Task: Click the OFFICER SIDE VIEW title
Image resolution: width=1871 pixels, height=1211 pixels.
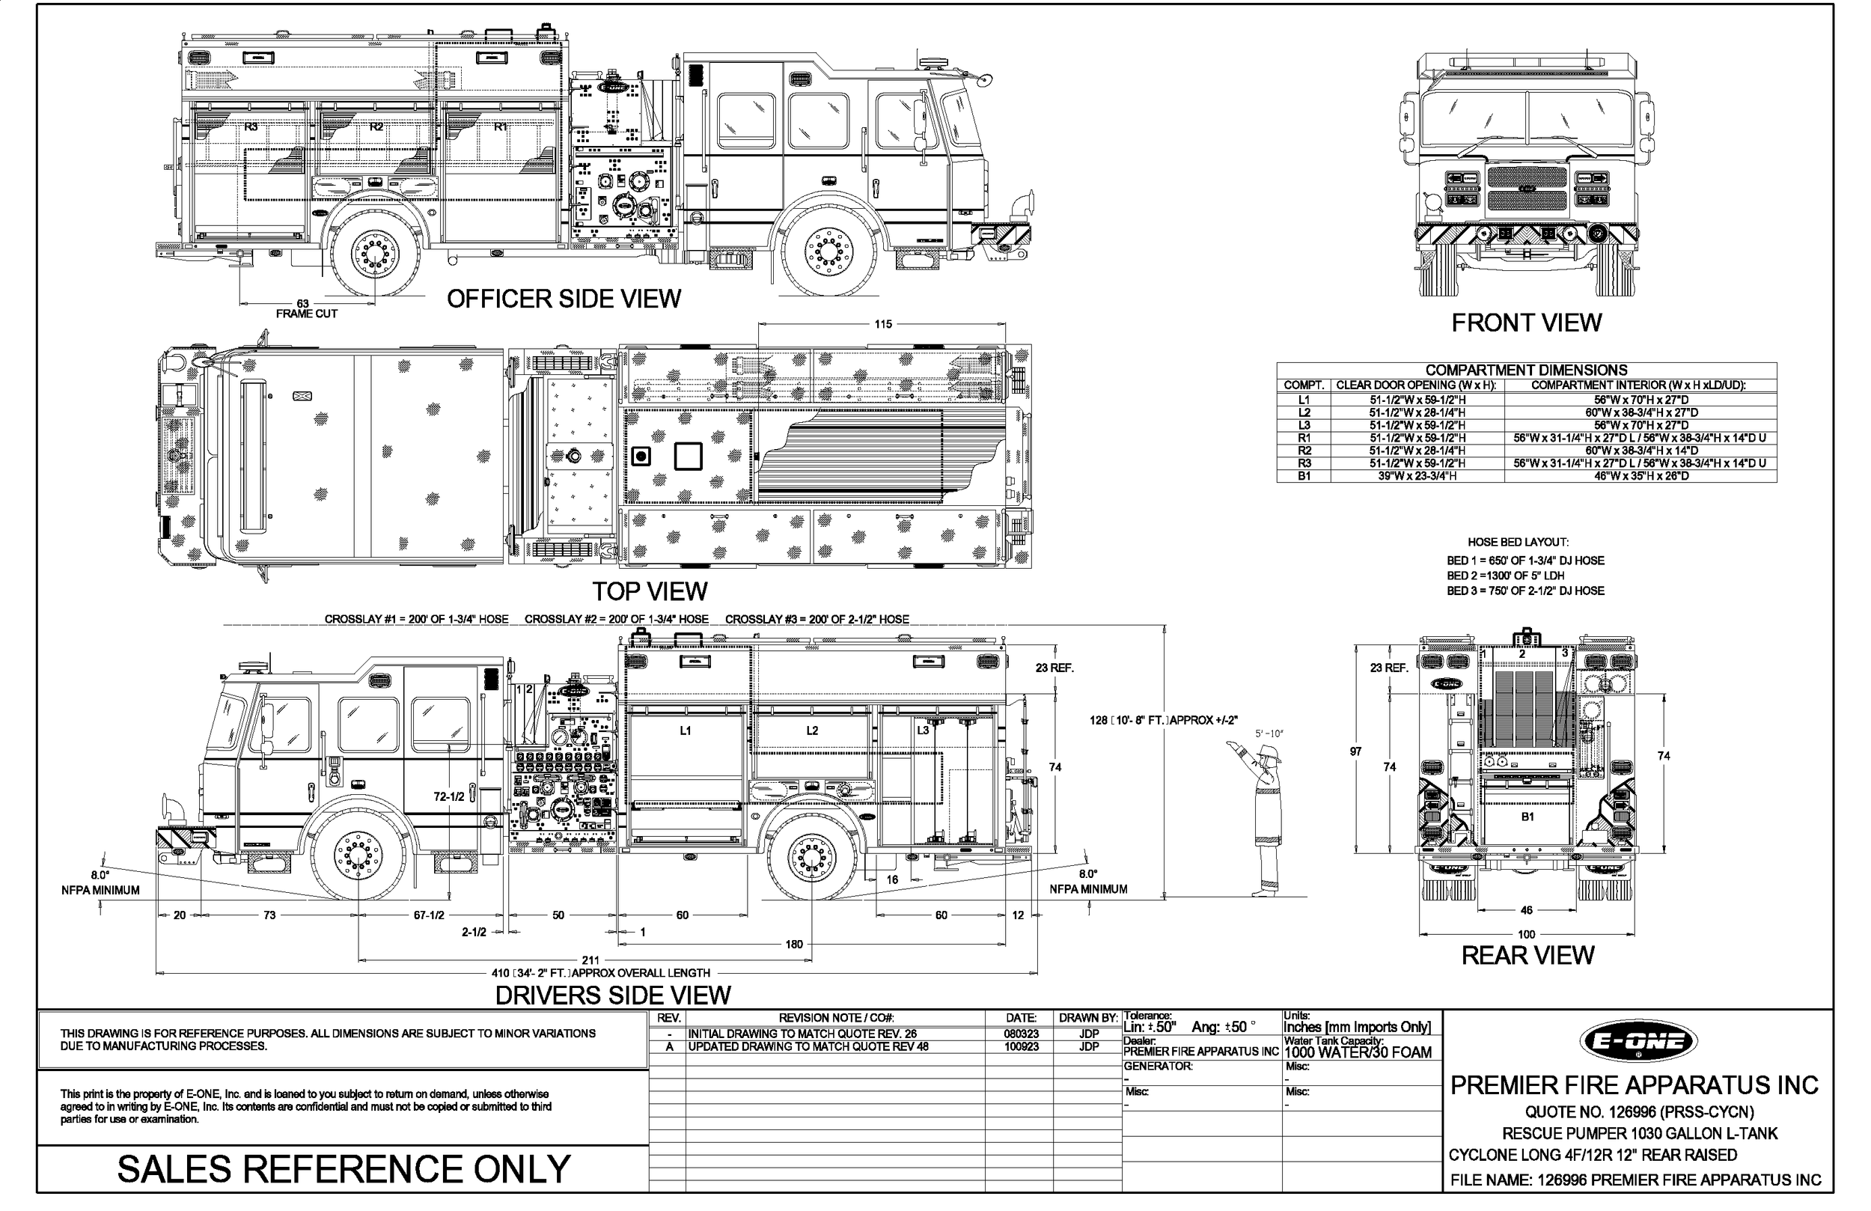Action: [563, 299]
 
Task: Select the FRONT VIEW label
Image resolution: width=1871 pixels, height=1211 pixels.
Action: [1526, 323]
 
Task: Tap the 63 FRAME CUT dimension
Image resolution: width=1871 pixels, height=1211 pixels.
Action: [305, 308]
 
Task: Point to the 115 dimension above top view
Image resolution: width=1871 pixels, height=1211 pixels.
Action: [883, 324]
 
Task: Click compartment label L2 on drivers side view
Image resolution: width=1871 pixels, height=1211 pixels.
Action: [812, 730]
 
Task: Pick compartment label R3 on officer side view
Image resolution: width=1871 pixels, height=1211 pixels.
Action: [251, 126]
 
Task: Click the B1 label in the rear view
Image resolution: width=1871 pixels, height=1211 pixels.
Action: [1527, 817]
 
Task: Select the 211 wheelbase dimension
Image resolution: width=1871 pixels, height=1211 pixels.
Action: [590, 960]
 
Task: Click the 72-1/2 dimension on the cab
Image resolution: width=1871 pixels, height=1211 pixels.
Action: [449, 796]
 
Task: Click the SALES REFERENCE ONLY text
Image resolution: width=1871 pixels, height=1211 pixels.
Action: [344, 1169]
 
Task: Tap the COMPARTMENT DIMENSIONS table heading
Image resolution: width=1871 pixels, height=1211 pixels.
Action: [1526, 370]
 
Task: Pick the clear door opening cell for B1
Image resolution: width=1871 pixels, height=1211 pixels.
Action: [1417, 476]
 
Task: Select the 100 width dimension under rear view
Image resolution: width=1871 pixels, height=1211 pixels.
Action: [1526, 934]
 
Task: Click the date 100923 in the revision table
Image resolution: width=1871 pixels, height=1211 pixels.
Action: [1020, 1047]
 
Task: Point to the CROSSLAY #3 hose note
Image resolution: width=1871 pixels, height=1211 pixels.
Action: [817, 620]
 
